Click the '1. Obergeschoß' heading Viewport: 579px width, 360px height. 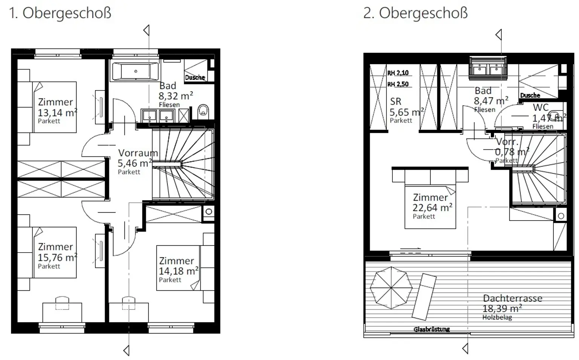click(60, 13)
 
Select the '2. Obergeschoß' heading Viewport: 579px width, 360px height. click(415, 13)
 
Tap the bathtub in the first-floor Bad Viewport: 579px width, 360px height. click(135, 71)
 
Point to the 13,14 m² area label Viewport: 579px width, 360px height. click(57, 113)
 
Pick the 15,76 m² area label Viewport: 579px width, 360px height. click(57, 257)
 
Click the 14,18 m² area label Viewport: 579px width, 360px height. click(179, 271)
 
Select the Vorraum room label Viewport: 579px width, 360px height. click(138, 153)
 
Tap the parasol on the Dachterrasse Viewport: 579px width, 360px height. click(391, 288)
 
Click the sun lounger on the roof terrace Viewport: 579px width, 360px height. click(424, 297)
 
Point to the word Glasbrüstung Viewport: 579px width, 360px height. click(432, 329)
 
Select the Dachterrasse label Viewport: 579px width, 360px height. click(513, 298)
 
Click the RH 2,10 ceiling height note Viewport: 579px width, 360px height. click(398, 73)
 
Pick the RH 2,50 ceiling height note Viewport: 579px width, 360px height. click(398, 84)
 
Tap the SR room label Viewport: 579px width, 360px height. click(396, 101)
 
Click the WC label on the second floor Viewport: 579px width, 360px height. click(541, 107)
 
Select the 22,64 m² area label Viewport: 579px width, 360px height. click(432, 208)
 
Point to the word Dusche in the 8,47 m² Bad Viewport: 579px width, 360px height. click(530, 95)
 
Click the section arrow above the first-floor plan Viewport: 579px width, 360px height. click(147, 30)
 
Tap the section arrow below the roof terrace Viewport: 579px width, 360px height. click(465, 349)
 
